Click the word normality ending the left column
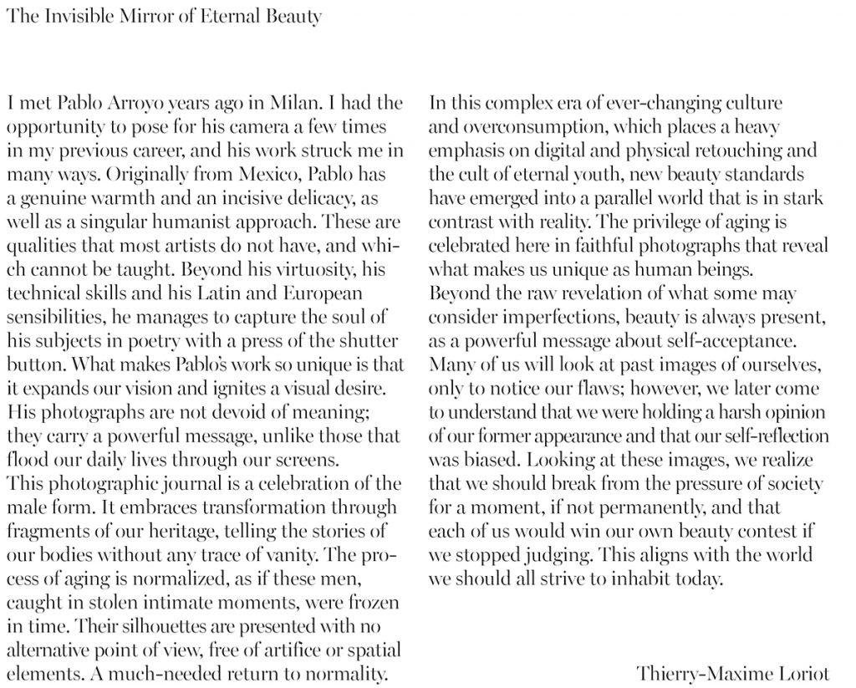coord(346,673)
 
